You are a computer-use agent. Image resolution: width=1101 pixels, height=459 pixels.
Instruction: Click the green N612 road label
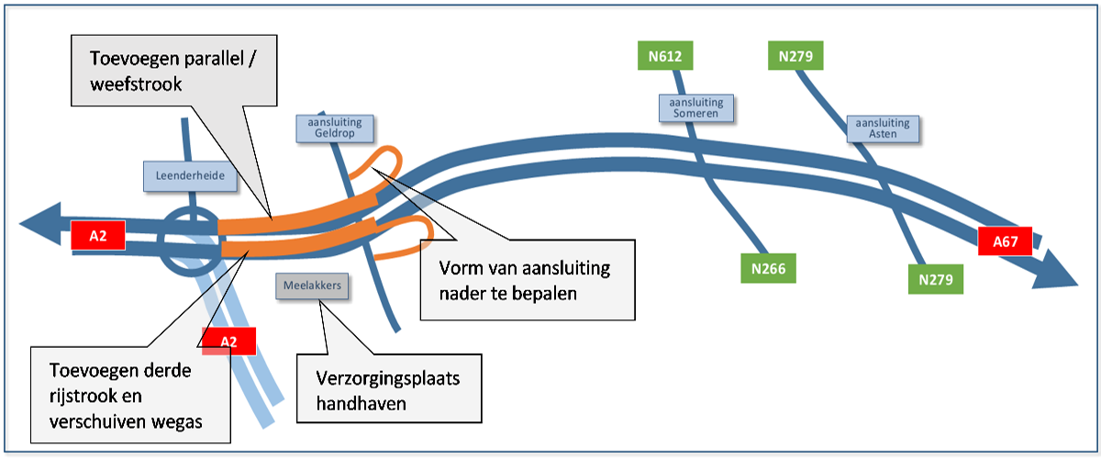tap(664, 56)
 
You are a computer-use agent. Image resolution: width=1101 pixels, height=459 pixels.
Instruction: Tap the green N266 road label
tap(768, 267)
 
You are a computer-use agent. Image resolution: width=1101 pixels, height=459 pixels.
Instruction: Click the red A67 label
tap(1006, 241)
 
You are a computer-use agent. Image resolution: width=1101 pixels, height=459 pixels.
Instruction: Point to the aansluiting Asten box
tap(882, 128)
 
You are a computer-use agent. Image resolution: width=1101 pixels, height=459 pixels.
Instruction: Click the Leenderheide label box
tap(190, 175)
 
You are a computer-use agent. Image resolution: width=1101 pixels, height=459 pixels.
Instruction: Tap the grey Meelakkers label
tap(312, 285)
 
